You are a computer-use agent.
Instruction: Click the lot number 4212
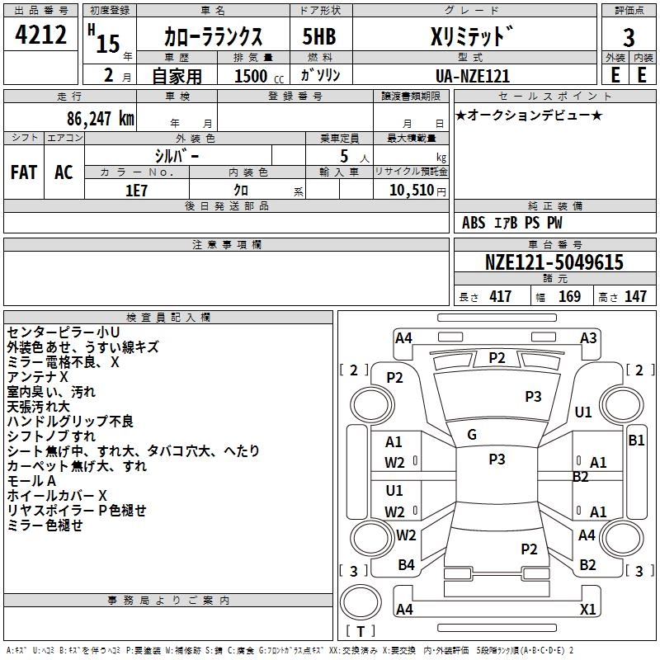coord(40,34)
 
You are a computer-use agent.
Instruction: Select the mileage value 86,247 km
coord(101,119)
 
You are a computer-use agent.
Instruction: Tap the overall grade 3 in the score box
coord(629,37)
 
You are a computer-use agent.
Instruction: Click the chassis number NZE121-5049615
coord(554,262)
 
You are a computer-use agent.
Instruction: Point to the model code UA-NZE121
coord(472,76)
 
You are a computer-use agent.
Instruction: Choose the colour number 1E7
coord(136,191)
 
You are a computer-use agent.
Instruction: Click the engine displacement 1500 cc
coord(259,76)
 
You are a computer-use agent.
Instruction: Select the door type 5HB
coord(319,36)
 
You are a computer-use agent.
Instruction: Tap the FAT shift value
coord(24,172)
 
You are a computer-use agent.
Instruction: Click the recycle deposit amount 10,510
coord(411,191)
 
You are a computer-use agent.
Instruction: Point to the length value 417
coord(500,296)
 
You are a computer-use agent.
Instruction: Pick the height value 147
coord(635,296)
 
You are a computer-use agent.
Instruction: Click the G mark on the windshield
coord(472,435)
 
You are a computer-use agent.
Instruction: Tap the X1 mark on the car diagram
coord(587,609)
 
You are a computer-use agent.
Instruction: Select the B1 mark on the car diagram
coord(636,441)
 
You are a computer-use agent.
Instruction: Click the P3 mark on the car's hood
coord(533,397)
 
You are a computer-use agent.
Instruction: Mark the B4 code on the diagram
coord(406,565)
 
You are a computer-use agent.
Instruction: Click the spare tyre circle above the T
coord(361,602)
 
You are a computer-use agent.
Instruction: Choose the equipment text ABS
coord(474,223)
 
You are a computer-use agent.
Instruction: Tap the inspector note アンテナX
coord(37,377)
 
